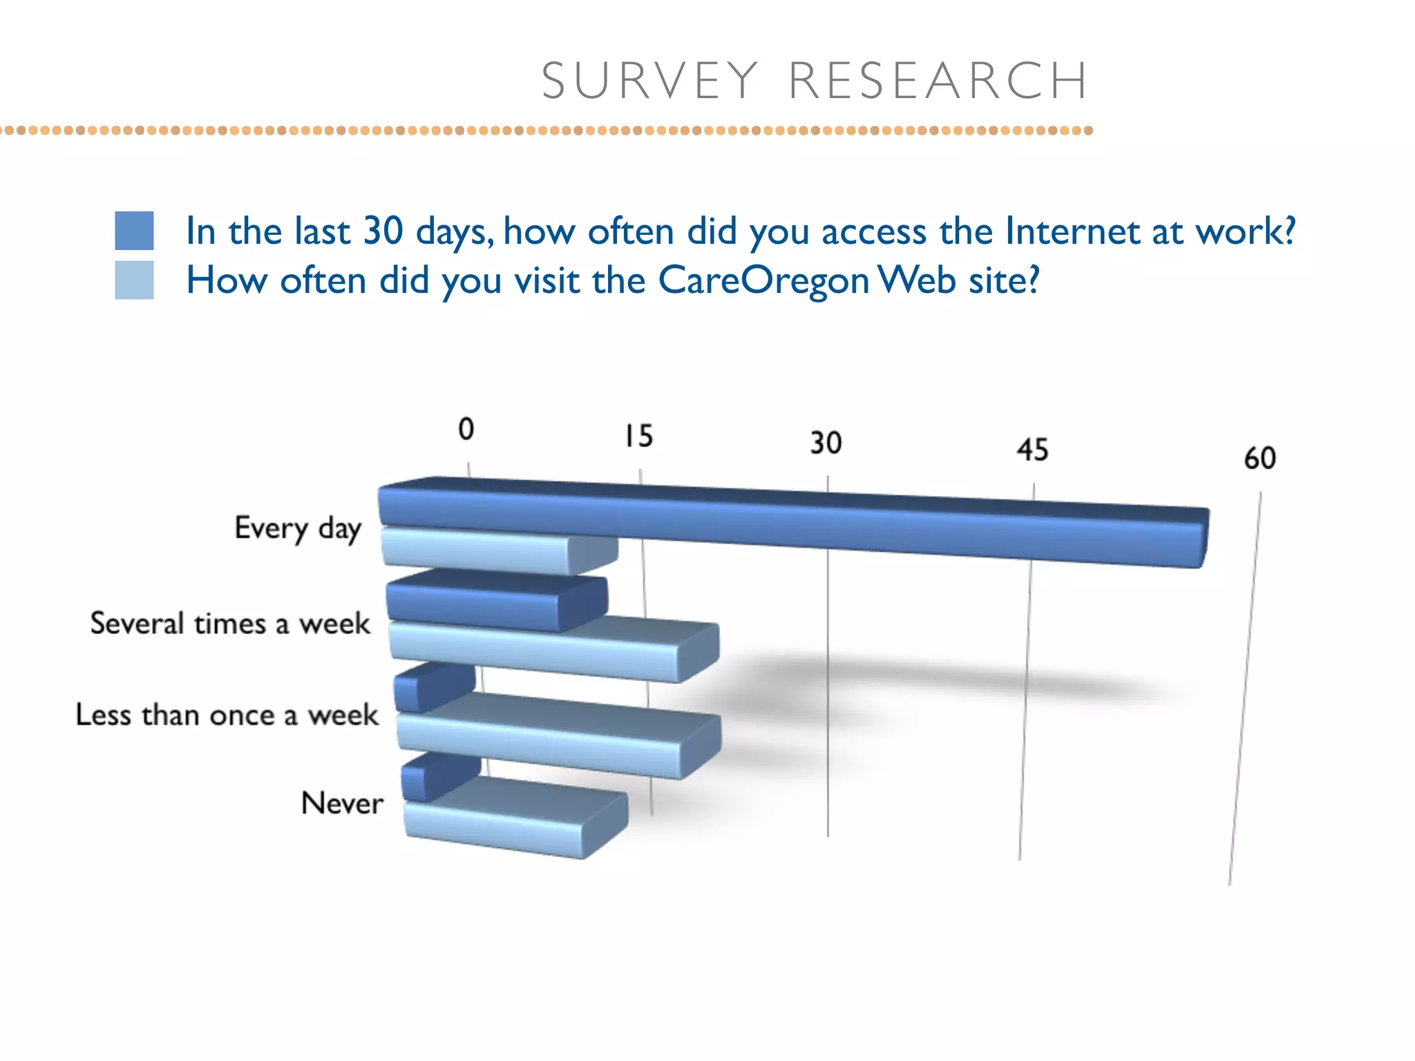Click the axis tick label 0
click(x=466, y=429)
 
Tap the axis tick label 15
click(x=638, y=436)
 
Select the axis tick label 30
click(x=826, y=443)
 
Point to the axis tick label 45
click(x=1032, y=450)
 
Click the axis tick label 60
click(x=1260, y=458)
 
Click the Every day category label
click(x=298, y=528)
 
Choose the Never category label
click(x=342, y=803)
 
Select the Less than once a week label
click(x=227, y=714)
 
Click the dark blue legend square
click(x=134, y=230)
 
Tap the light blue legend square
click(x=134, y=280)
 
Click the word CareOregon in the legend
click(x=763, y=280)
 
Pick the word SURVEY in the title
click(x=649, y=81)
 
